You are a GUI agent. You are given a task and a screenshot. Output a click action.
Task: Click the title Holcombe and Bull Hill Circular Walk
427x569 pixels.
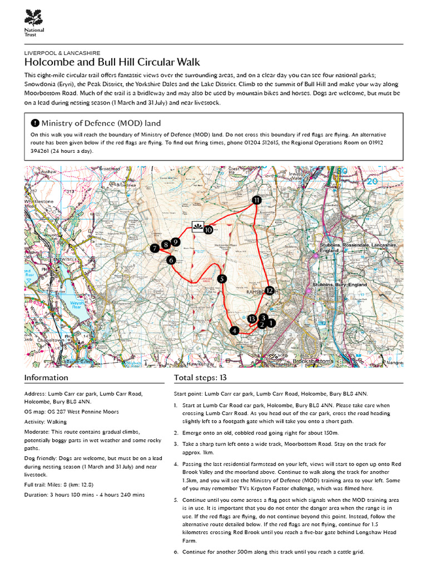[112, 62]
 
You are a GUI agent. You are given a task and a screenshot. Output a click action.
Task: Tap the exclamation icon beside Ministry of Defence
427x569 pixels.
[35, 123]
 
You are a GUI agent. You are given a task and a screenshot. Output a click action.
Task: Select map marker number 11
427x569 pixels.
[256, 200]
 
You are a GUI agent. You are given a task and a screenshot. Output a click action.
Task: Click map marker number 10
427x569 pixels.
[208, 229]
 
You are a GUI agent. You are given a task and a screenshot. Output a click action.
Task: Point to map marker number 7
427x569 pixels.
[154, 249]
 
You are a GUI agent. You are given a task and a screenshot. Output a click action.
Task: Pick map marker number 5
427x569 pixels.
[222, 279]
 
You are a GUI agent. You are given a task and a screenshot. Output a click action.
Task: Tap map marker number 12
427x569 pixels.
[269, 290]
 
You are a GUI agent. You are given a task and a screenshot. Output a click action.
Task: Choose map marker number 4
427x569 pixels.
[235, 330]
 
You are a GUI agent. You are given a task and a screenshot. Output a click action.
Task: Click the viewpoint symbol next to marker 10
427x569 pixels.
[197, 225]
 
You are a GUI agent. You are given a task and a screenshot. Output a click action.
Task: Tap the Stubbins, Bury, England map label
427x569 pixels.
[340, 284]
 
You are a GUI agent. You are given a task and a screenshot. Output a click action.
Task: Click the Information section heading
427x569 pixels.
[46, 378]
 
